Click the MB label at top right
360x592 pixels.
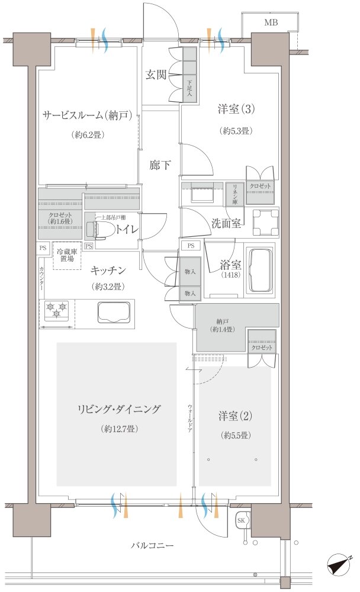click(271, 23)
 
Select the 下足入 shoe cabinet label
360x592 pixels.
click(189, 88)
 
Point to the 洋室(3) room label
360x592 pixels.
click(236, 110)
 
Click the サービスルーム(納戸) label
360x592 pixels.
click(91, 115)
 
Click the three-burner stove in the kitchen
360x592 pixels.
click(57, 309)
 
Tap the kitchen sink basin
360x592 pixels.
click(113, 311)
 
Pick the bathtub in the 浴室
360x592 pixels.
click(259, 271)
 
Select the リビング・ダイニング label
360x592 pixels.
click(118, 409)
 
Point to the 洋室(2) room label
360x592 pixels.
click(236, 416)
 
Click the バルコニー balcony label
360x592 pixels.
click(152, 545)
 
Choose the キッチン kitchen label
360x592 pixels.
click(108, 271)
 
